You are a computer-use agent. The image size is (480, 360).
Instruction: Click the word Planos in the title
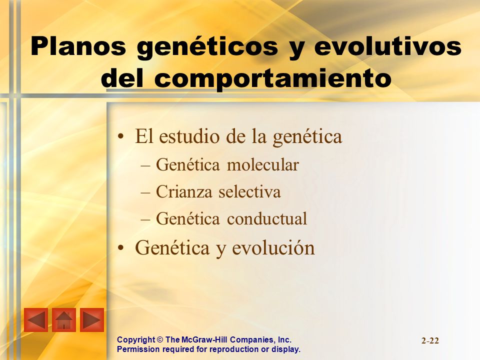pyautogui.click(x=78, y=46)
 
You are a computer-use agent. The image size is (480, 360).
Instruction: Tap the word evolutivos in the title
pyautogui.click(x=388, y=46)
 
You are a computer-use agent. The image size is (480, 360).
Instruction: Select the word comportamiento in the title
pyautogui.click(x=273, y=78)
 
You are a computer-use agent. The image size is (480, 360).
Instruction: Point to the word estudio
pyautogui.click(x=189, y=136)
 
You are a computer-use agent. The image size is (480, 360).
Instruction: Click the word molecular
pyautogui.click(x=262, y=164)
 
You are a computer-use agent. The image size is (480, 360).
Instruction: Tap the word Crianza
pyautogui.click(x=184, y=192)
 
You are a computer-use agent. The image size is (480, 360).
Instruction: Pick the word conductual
pyautogui.click(x=267, y=218)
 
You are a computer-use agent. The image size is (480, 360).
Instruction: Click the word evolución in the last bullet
pyautogui.click(x=273, y=247)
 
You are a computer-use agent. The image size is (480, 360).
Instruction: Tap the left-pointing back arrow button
pyautogui.click(x=36, y=320)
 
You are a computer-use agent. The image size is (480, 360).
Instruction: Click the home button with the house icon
pyautogui.click(x=64, y=320)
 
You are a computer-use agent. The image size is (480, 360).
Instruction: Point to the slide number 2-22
pyautogui.click(x=430, y=340)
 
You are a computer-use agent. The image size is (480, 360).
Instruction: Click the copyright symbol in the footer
pyautogui.click(x=160, y=340)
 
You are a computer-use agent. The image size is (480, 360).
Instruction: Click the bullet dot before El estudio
pyautogui.click(x=121, y=137)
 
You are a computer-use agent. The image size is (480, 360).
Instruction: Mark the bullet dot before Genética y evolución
pyautogui.click(x=121, y=247)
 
